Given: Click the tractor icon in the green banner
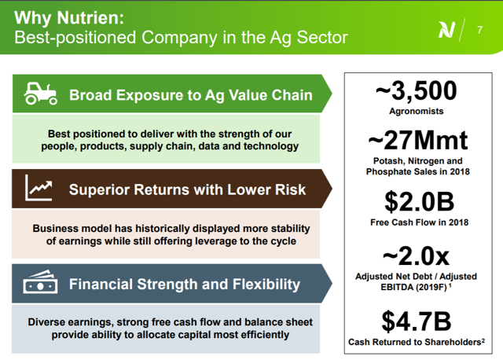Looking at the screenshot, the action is tap(40, 94).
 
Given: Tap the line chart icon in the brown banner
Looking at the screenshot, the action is tap(39, 188).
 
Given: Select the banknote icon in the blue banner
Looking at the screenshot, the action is tap(40, 281).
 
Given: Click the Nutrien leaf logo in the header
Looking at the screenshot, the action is tap(447, 30).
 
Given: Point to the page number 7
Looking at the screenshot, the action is tap(479, 30).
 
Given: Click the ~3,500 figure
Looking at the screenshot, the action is tap(416, 91).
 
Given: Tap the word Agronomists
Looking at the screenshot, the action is tap(417, 111).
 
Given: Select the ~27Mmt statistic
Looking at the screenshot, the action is tap(417, 140).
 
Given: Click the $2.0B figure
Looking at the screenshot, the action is tap(419, 202).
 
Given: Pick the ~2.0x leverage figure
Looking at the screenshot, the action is tap(416, 256).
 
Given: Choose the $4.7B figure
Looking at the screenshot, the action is tap(417, 321).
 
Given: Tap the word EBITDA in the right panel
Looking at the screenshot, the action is tap(397, 287).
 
